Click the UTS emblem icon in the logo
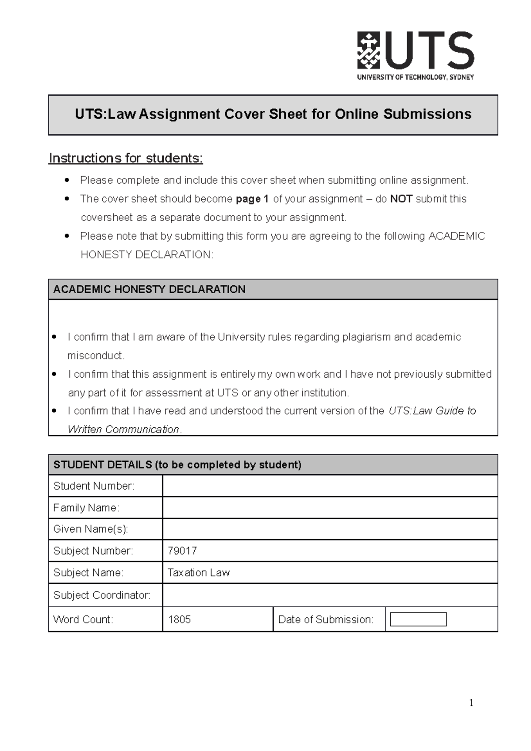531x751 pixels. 368,50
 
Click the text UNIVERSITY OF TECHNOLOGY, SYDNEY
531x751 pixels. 415,77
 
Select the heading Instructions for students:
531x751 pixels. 126,158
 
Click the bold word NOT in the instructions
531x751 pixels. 401,199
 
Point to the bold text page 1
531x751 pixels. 252,199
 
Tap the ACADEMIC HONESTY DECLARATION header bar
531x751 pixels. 273,289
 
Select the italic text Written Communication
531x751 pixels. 123,429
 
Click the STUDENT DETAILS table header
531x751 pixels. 273,465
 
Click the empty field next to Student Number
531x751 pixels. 330,486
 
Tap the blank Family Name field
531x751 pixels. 330,508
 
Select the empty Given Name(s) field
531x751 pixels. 330,529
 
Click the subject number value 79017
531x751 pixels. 182,551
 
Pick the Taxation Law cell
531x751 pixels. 199,573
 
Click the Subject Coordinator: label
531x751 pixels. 102,595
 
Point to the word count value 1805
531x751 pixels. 179,619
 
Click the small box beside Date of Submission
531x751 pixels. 418,619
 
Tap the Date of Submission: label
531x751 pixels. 326,620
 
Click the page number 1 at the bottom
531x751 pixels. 471,703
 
